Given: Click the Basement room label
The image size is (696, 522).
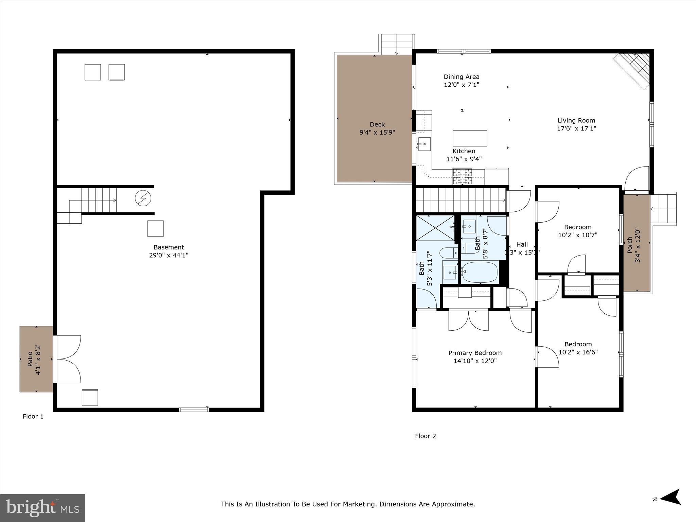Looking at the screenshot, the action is [169, 247].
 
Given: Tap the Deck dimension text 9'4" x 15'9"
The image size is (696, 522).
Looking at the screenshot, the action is [377, 133].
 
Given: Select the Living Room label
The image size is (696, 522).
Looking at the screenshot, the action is [576, 120].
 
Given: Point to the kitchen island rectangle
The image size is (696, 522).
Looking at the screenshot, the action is [470, 138].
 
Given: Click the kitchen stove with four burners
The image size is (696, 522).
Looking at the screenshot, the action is [463, 176].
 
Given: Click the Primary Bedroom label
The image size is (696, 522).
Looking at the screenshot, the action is [475, 353].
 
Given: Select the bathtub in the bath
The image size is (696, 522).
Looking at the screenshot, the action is [480, 272].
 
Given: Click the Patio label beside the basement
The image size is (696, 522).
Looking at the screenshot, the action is [30, 359].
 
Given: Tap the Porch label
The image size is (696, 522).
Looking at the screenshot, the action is [630, 245].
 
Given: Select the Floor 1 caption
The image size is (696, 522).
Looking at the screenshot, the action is [33, 417].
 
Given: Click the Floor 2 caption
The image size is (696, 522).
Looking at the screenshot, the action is [425, 436].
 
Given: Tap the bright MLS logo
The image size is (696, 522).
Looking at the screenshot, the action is [42, 508].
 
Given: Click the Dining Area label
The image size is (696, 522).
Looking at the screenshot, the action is [462, 77].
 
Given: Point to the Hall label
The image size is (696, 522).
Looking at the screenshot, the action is [522, 244].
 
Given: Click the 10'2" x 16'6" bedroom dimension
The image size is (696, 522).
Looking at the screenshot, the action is [578, 352].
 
